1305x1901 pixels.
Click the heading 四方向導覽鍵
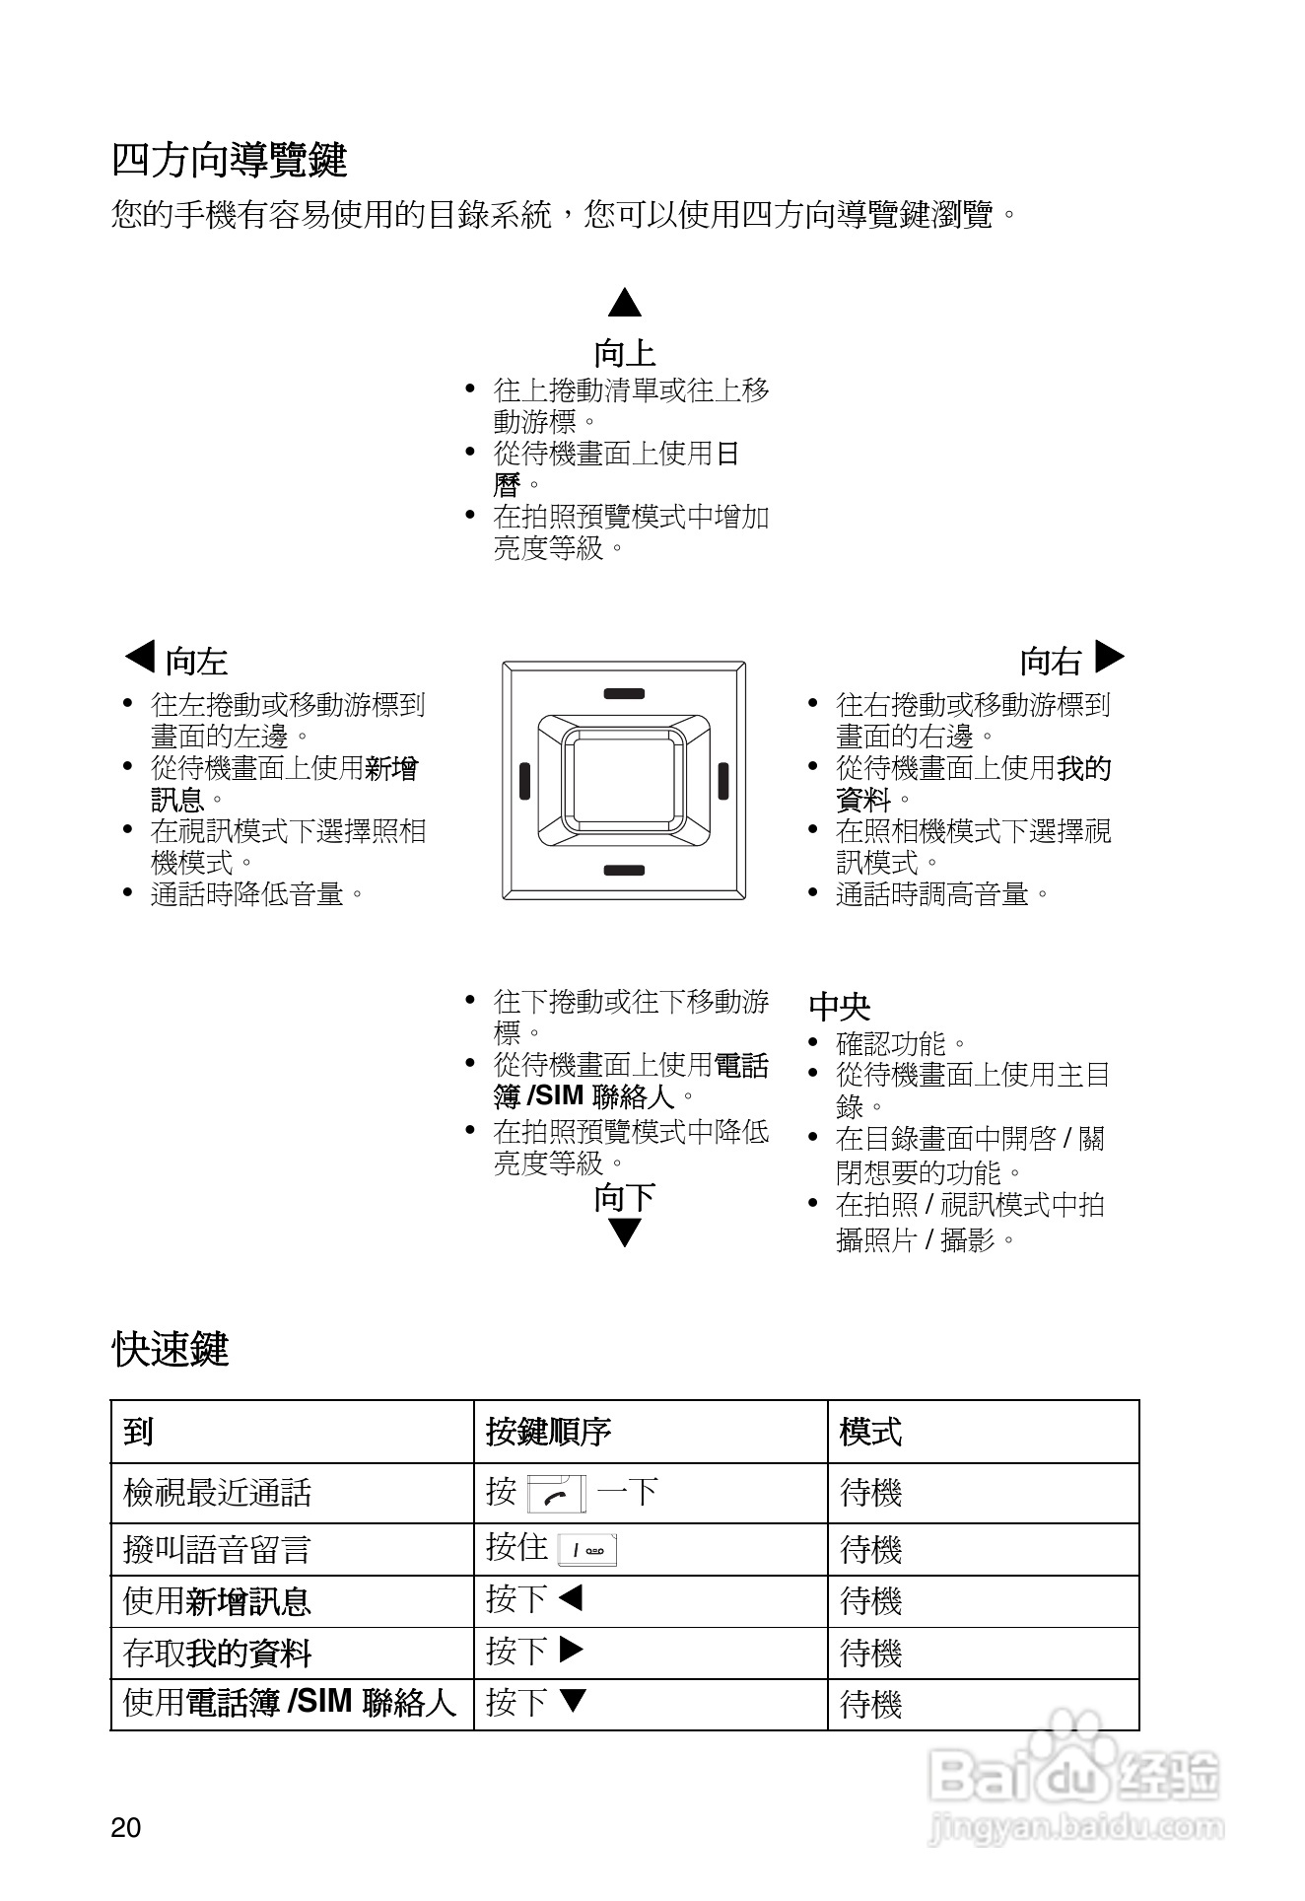[x=229, y=160]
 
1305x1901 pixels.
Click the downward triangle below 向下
[x=625, y=1232]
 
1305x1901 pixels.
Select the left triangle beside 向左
[x=141, y=657]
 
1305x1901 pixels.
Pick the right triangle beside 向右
[x=1109, y=657]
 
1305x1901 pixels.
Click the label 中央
[x=839, y=1007]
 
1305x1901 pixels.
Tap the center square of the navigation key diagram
[x=624, y=780]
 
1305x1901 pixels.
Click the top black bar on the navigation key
[x=624, y=694]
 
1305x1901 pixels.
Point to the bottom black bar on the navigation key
[x=624, y=870]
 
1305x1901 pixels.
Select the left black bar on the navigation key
[x=525, y=781]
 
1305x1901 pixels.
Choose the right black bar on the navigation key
[x=723, y=781]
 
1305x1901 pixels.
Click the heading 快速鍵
[x=170, y=1349]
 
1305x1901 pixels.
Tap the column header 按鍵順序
[x=548, y=1432]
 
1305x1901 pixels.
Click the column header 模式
[x=870, y=1432]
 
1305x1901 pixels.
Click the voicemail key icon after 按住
[x=587, y=1551]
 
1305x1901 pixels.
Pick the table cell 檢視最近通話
[x=217, y=1493]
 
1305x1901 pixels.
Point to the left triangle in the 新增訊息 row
[x=571, y=1597]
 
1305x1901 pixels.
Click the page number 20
[x=126, y=1828]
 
